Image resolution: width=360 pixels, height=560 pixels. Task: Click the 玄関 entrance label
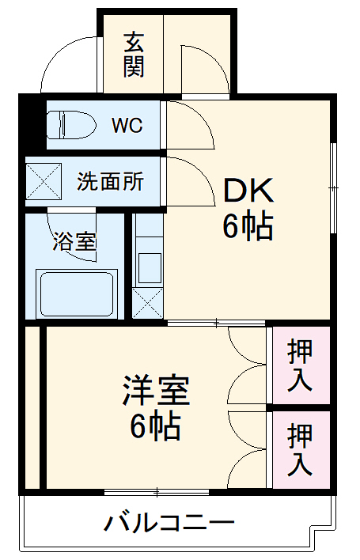click(x=134, y=54)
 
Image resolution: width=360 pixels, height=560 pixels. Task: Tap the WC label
click(x=127, y=125)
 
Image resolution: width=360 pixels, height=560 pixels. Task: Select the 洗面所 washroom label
click(x=110, y=181)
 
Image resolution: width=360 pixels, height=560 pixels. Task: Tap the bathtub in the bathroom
click(x=77, y=293)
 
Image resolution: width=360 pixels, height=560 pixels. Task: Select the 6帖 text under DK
click(x=247, y=227)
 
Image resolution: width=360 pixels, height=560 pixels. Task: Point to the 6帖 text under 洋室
click(x=156, y=427)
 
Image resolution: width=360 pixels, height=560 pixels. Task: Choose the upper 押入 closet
click(x=300, y=365)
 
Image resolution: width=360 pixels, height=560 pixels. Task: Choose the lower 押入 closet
click(x=300, y=449)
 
